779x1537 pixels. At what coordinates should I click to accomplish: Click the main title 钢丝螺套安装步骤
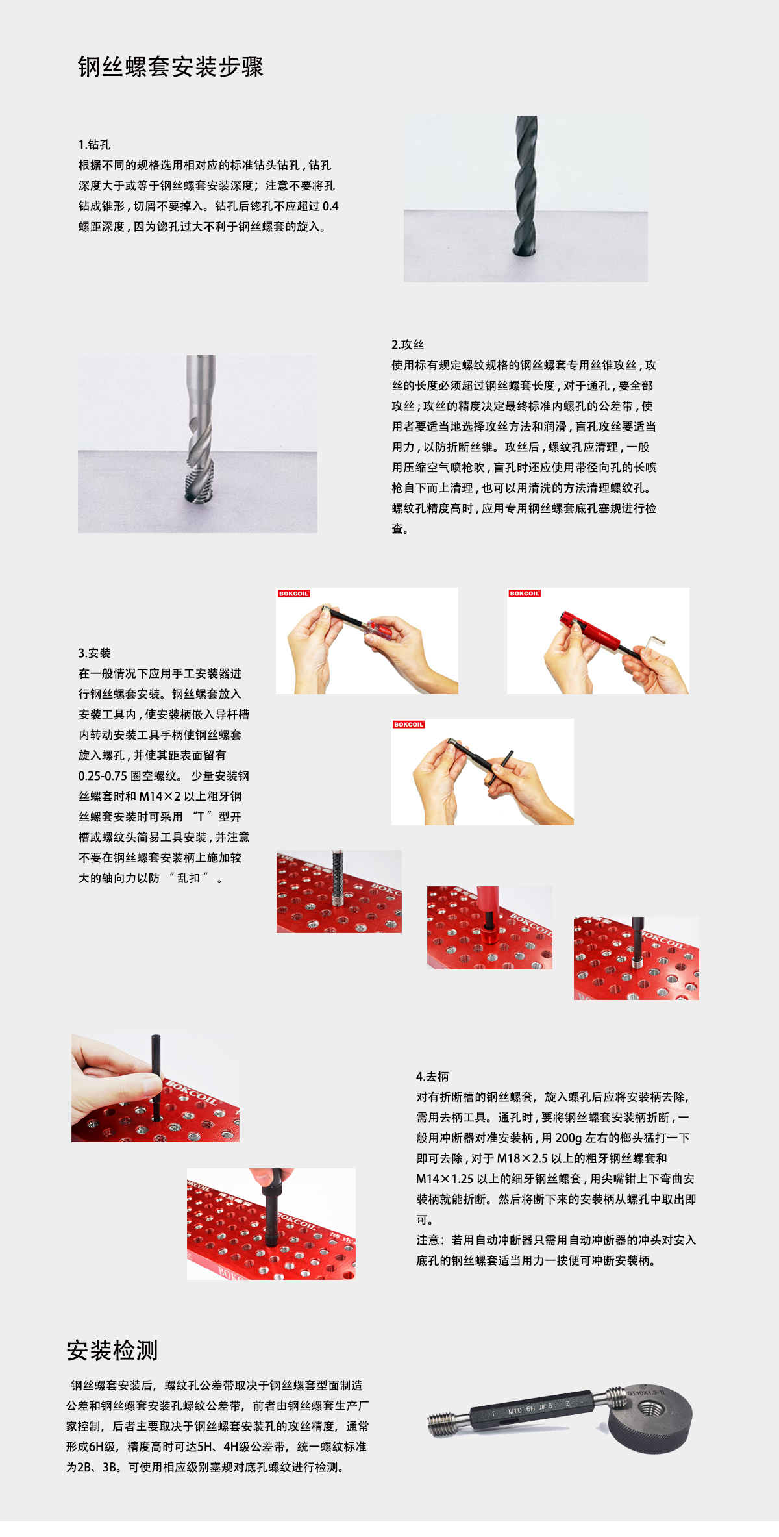[171, 67]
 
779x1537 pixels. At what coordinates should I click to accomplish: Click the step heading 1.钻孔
[95, 145]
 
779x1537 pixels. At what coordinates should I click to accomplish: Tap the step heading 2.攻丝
[408, 345]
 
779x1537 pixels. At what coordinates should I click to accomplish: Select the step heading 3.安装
[95, 653]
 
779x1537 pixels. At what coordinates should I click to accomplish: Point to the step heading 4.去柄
[432, 1077]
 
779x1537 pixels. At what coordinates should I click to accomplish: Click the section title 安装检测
[112, 1351]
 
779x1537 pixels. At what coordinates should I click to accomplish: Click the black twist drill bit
[526, 186]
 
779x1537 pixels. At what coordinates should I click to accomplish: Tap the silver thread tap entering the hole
[201, 429]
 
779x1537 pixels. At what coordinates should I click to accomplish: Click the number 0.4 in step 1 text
[330, 206]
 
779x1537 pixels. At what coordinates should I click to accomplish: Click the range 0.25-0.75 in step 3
[103, 776]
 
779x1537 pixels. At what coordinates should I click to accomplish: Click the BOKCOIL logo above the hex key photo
[525, 594]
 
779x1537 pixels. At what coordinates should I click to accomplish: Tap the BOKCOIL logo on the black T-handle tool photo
[408, 725]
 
